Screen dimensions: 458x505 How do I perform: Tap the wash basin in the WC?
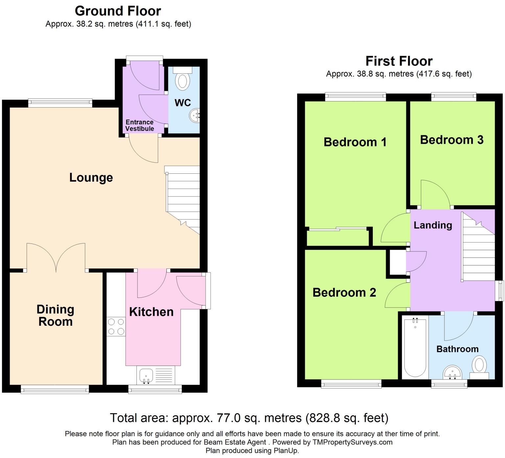click(x=195, y=115)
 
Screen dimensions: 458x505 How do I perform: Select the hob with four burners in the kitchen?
click(x=116, y=326)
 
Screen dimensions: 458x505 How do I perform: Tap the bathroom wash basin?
click(x=452, y=372)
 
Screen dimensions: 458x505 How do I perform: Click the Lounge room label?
click(x=91, y=178)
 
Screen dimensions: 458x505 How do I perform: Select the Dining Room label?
click(x=55, y=316)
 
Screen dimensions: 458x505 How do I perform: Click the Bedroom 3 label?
click(x=452, y=140)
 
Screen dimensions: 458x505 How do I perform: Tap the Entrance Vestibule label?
click(x=140, y=125)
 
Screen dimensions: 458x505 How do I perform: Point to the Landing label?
click(x=433, y=225)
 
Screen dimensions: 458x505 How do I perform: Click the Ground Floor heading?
click(x=118, y=11)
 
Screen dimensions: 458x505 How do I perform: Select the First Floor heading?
click(x=399, y=61)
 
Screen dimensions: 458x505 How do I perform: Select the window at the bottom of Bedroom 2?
click(x=351, y=384)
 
